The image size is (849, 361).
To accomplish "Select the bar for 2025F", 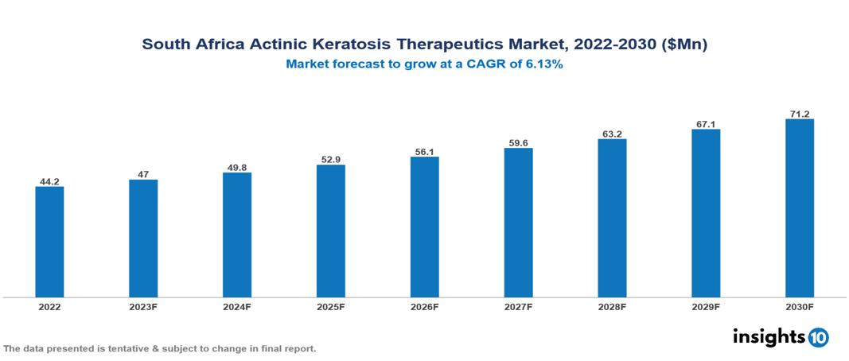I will point(330,231).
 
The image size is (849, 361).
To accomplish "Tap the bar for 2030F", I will point(799,208).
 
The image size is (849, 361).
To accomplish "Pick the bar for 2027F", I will point(518,223).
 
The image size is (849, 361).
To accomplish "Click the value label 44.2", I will point(49,180).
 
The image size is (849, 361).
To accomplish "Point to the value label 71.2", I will point(799,114).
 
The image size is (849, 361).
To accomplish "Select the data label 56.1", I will point(424,151).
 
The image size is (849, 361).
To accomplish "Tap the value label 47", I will point(143,174).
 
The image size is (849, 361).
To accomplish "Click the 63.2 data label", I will point(612,134).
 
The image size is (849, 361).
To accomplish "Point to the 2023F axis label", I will point(143,306).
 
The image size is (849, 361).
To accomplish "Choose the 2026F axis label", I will point(424,306).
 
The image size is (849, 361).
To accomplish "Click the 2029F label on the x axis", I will point(705,306).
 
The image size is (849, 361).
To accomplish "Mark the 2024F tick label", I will point(237,306).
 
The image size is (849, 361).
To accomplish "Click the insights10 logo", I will point(781,337).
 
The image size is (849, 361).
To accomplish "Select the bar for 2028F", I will point(612,218).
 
